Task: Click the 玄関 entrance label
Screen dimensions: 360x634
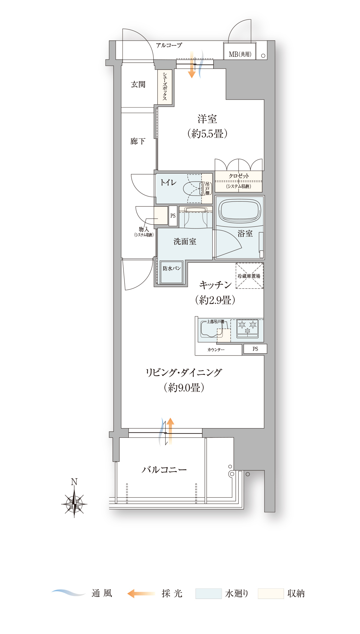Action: [138, 84]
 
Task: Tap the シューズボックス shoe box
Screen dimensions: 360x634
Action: [165, 87]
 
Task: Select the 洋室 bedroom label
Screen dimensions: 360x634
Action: [207, 119]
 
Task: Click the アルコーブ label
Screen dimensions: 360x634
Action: [169, 45]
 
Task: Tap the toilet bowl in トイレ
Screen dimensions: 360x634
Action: [193, 188]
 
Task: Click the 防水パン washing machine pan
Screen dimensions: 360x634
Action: [172, 272]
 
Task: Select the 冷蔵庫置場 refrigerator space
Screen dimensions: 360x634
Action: [249, 276]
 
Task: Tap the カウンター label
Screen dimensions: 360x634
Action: [216, 350]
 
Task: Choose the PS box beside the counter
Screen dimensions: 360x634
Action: [255, 349]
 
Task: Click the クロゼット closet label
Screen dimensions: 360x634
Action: [239, 176]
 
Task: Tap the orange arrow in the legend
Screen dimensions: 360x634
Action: [141, 593]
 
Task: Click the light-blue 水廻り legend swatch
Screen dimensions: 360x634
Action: [209, 593]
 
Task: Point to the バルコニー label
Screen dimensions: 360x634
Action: [164, 470]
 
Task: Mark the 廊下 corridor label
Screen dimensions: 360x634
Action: [138, 141]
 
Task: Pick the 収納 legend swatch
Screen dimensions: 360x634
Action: [271, 593]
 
